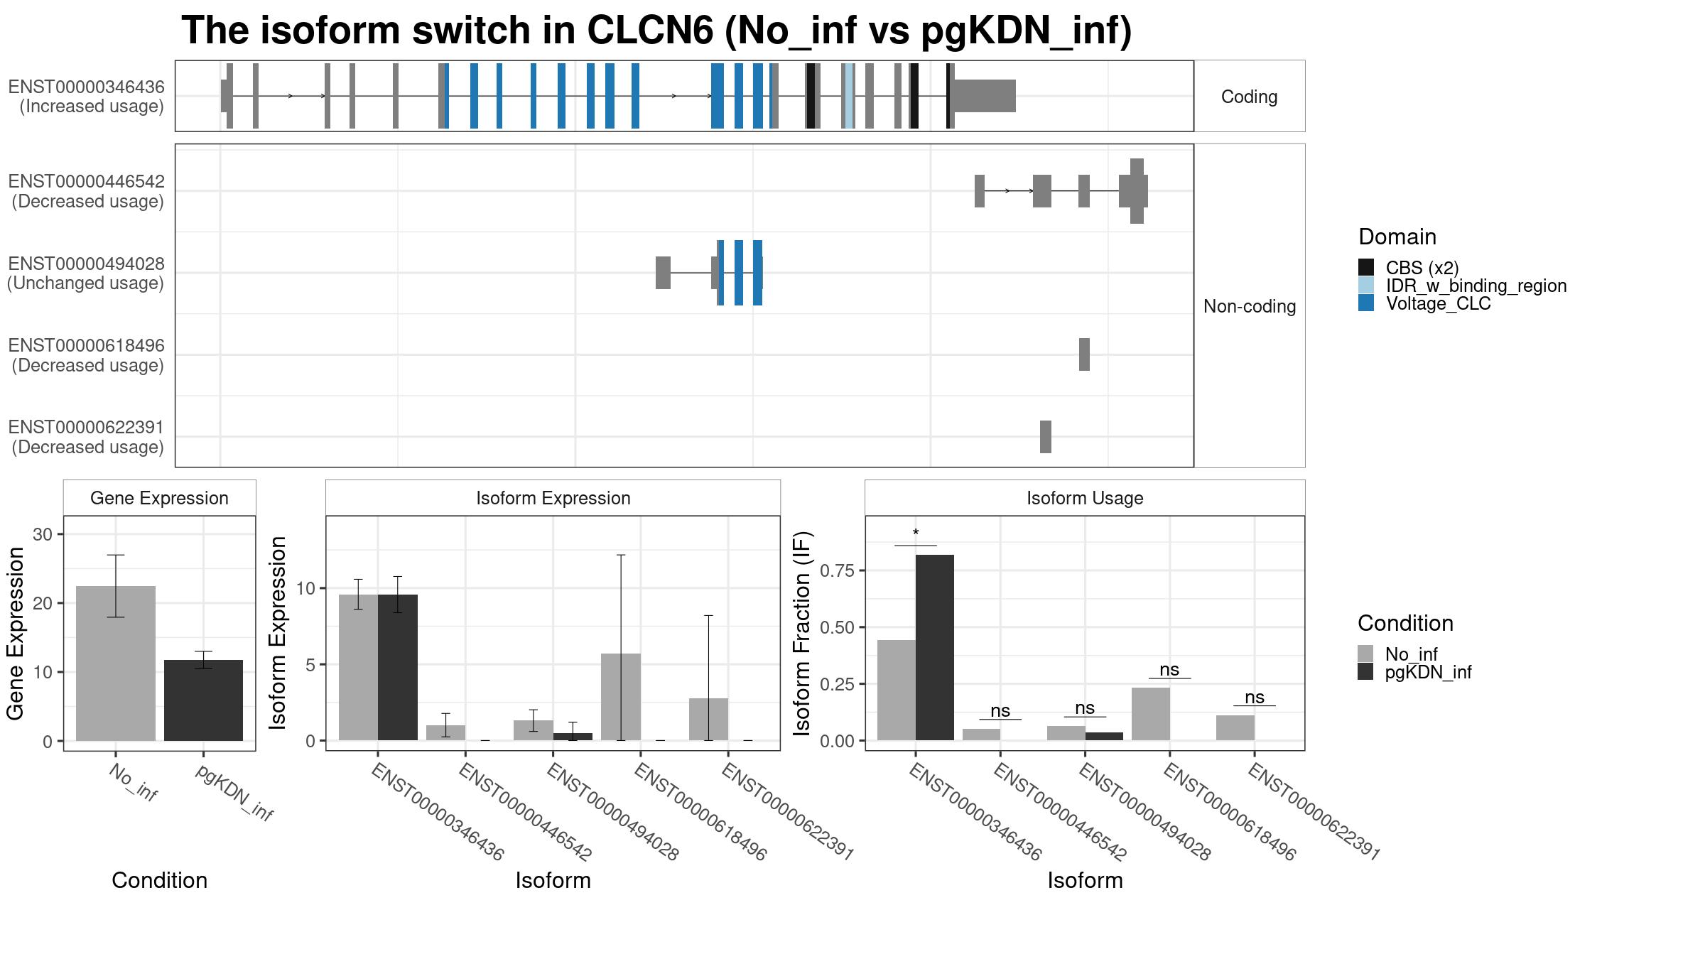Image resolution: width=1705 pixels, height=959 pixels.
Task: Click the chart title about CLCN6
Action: click(656, 31)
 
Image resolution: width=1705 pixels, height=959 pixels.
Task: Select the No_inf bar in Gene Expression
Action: click(116, 663)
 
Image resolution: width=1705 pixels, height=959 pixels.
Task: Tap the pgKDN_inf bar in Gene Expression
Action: click(203, 700)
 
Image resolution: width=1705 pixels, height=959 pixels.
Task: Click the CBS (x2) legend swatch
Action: click(1366, 267)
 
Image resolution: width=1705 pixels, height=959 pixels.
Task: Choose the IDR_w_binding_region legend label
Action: click(1476, 286)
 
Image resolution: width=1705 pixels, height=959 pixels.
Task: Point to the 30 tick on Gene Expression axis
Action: click(43, 534)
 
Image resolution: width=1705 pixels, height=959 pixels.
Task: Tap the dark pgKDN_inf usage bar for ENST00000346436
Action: click(935, 648)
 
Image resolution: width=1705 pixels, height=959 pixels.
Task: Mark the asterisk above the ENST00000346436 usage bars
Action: click(916, 533)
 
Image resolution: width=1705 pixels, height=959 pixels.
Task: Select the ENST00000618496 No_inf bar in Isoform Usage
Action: click(1151, 714)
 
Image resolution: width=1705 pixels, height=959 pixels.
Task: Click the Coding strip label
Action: click(1249, 97)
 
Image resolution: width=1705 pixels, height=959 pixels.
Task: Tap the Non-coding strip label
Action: click(1250, 306)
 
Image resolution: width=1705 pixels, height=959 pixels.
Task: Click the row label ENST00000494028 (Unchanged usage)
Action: click(86, 273)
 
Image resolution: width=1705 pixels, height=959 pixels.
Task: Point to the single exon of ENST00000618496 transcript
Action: click(1084, 354)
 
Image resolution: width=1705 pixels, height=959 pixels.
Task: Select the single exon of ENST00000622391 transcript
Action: click(1046, 437)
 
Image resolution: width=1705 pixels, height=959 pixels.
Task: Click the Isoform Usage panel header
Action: click(1085, 498)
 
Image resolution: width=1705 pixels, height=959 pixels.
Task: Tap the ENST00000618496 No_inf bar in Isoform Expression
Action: click(621, 697)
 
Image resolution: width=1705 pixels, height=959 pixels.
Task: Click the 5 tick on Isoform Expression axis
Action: click(310, 664)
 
